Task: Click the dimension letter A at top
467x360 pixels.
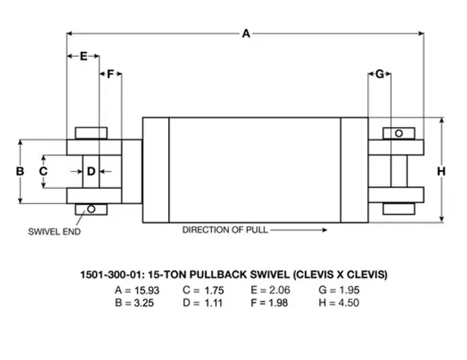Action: point(246,33)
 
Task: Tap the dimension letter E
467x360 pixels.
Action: point(84,56)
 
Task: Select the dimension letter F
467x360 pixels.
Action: point(111,74)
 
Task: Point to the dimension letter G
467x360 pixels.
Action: point(380,74)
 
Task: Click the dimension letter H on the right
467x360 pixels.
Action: point(442,171)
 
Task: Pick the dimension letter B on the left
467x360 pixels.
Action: point(20,171)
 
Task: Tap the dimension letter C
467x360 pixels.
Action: point(43,171)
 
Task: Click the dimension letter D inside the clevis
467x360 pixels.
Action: point(91,171)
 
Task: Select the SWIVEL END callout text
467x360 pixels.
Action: point(54,231)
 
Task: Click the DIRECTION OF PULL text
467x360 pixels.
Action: point(225,230)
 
